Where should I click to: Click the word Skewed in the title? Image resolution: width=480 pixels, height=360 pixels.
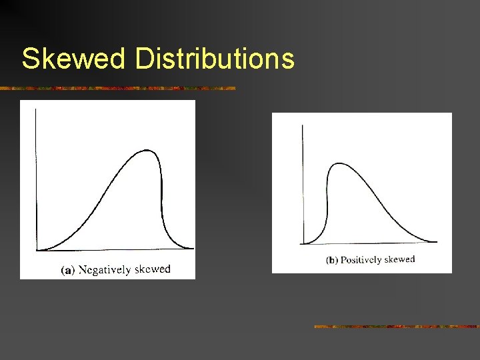pos(73,59)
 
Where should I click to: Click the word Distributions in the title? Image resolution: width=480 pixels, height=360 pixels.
pos(214,59)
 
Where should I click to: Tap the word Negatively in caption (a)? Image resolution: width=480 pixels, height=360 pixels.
pos(105,270)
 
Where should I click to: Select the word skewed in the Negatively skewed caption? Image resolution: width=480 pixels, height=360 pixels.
pos(153,269)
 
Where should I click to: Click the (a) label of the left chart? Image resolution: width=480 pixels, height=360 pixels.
pos(67,271)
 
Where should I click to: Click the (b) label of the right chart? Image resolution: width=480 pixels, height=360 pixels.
pos(331,260)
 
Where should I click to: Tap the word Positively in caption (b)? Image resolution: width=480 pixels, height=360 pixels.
pos(362,260)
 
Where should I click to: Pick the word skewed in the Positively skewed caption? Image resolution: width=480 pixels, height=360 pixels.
pos(401,259)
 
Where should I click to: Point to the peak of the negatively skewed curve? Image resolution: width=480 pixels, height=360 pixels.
pos(148,151)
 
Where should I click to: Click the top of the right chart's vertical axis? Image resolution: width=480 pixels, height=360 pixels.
pos(303,125)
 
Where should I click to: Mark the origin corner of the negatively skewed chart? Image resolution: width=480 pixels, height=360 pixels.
pos(36,251)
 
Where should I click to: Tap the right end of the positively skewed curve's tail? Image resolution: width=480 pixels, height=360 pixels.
pos(436,241)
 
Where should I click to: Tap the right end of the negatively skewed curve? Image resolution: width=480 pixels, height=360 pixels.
pos(193,249)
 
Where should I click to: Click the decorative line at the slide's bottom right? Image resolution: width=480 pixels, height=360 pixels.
pos(396,327)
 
